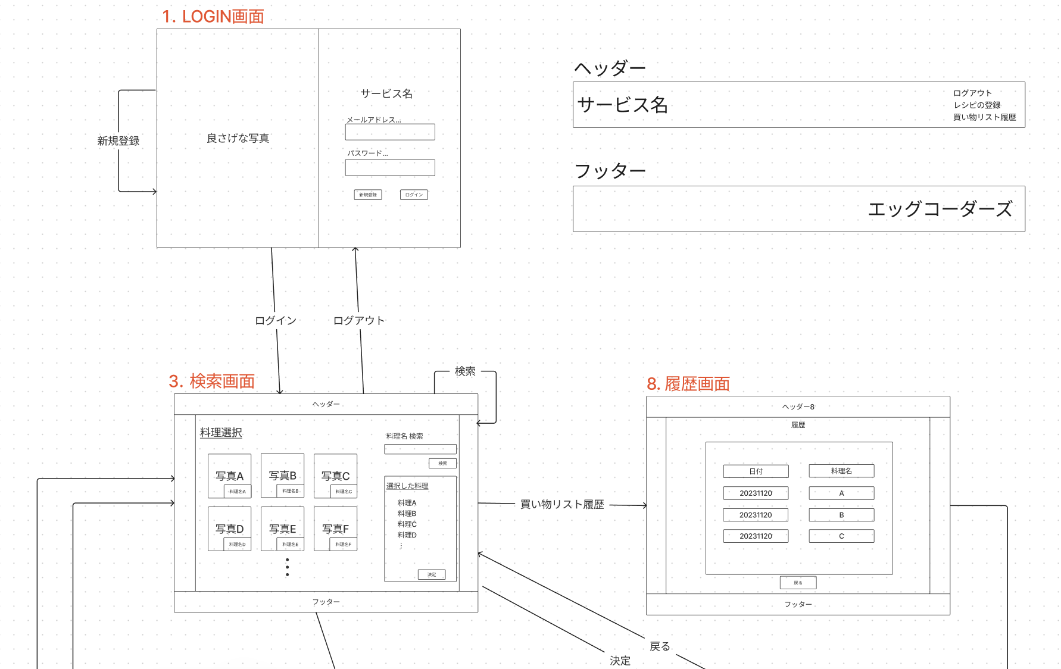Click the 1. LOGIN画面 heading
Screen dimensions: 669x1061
[213, 17]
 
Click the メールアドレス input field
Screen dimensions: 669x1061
[390, 132]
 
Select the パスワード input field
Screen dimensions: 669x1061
[390, 167]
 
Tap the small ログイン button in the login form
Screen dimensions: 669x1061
[414, 195]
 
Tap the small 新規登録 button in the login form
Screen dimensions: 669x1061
[368, 195]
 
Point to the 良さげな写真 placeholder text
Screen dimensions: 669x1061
[238, 138]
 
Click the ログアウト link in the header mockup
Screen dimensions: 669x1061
[972, 93]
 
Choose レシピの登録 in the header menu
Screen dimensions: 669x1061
[977, 105]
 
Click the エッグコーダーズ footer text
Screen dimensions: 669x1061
[940, 209]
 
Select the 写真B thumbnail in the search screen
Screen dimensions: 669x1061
[282, 475]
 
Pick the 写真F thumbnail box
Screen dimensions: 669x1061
[335, 528]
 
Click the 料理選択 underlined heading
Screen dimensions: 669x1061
[221, 433]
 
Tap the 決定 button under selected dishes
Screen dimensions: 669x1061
[432, 574]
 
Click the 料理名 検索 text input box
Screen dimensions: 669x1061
[420, 449]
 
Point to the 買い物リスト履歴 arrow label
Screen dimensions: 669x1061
[562, 504]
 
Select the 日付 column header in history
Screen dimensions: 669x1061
[756, 471]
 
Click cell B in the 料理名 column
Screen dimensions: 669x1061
[841, 515]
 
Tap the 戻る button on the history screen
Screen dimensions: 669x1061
[798, 583]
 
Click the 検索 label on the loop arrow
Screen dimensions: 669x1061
[465, 371]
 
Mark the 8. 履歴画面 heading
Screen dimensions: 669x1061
[688, 384]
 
